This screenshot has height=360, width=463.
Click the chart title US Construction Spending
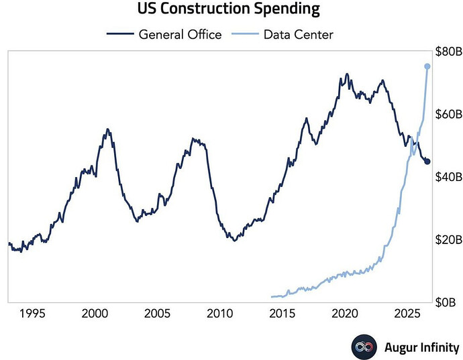pos(229,9)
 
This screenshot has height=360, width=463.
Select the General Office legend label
pos(180,34)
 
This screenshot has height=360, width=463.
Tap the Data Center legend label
pos(299,34)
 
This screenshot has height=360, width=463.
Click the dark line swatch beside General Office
pos(120,34)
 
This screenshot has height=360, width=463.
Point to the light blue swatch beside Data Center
pos(245,34)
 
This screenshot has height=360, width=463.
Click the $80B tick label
pos(449,52)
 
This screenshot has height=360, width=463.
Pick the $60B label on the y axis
pos(449,114)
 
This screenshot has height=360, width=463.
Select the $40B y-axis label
pos(449,177)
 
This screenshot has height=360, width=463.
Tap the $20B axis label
pos(449,239)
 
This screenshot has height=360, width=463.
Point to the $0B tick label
pos(446,302)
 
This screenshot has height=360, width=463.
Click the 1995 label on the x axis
pos(32,313)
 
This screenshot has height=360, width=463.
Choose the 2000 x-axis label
pos(95,313)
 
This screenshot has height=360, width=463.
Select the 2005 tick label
pos(158,313)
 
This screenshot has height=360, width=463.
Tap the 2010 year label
pos(219,313)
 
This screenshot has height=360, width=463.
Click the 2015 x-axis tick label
pos(282,313)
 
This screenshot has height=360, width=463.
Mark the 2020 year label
pos(345,313)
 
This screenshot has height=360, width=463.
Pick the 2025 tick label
pos(407,313)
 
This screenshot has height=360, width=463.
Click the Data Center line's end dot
pos(427,66)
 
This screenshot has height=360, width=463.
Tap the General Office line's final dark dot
pos(427,162)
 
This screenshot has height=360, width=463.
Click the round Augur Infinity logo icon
pos(364,347)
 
